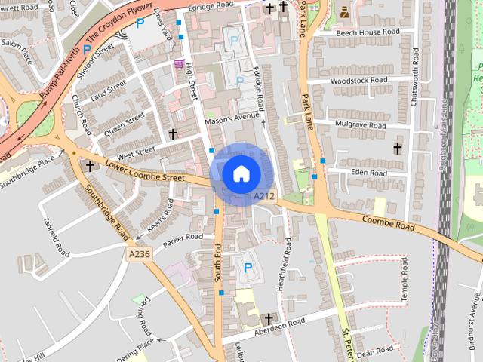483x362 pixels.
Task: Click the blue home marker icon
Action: click(x=240, y=173)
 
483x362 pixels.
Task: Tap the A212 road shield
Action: click(x=263, y=197)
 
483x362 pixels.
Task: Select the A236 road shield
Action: click(x=140, y=255)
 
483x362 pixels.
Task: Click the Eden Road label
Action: click(x=368, y=173)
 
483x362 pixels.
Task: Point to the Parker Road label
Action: click(x=183, y=237)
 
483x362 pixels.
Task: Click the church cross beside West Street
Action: click(x=173, y=134)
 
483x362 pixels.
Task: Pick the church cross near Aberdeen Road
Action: click(x=267, y=319)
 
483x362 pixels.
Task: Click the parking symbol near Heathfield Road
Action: click(x=247, y=265)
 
